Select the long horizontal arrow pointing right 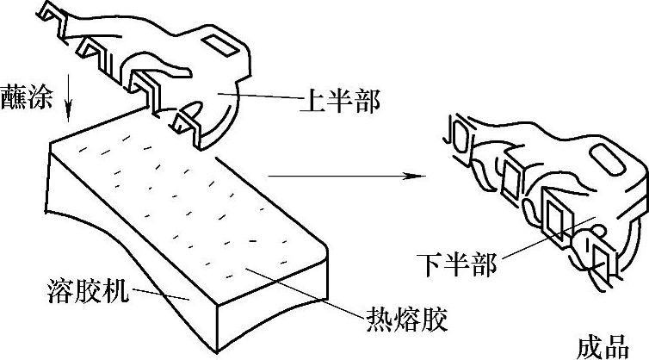point(344,176)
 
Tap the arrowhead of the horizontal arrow point(419,176)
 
